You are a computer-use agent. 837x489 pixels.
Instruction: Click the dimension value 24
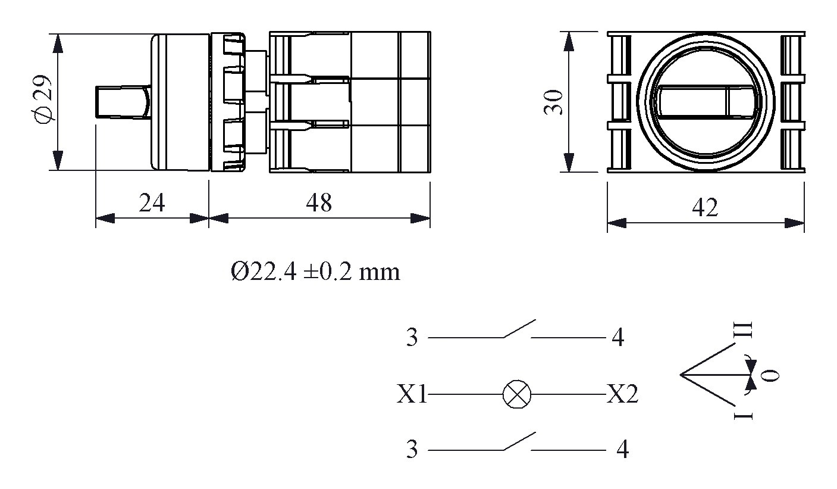click(152, 204)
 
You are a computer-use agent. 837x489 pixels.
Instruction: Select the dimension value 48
click(319, 203)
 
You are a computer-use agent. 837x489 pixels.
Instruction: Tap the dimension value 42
click(705, 208)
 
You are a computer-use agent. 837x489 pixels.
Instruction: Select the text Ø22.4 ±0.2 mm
click(315, 272)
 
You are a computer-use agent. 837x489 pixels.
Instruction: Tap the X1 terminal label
click(412, 394)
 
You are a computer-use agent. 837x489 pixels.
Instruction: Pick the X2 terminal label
click(622, 394)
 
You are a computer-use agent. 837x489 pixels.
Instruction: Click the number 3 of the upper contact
click(412, 338)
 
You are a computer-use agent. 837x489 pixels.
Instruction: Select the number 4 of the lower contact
click(622, 450)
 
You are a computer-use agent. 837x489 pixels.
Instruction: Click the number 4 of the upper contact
click(618, 338)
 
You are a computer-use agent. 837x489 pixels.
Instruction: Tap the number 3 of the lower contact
click(412, 450)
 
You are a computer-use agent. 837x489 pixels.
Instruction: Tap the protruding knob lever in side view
click(122, 102)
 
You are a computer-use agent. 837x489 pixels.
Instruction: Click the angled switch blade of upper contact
click(519, 329)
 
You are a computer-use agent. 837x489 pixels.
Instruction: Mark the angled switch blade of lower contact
click(519, 441)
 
